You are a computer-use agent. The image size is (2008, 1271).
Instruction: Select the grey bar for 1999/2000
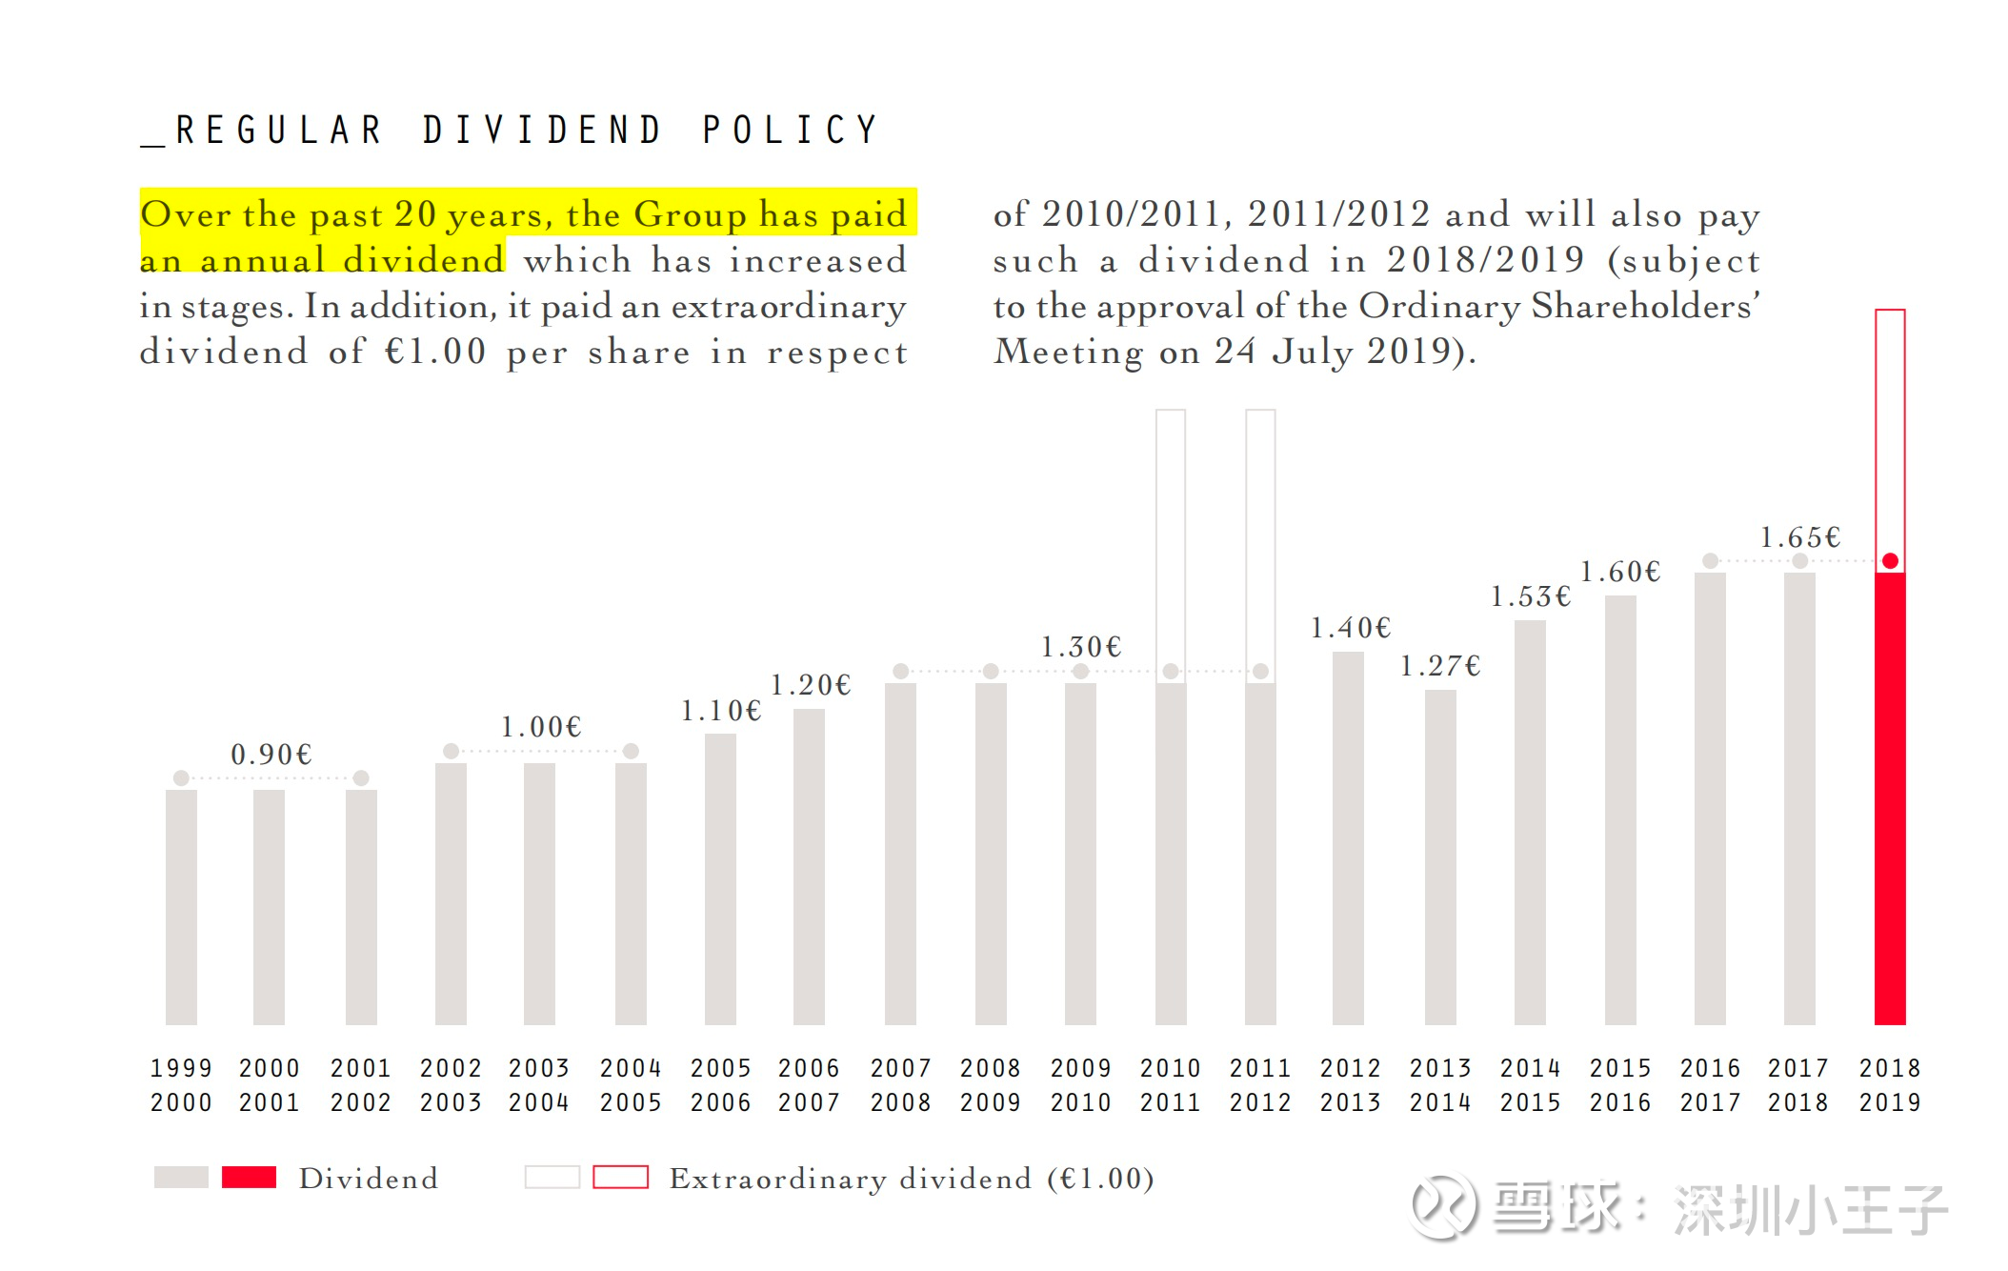pos(181,906)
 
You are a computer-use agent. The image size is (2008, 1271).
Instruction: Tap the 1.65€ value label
pos(1799,537)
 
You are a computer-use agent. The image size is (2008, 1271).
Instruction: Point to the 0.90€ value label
pos(271,755)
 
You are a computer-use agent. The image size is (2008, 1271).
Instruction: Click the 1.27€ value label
pos(1439,666)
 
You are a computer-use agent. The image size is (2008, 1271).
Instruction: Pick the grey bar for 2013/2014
pos(1439,857)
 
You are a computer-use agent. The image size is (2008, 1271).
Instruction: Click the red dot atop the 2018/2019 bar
pos(1890,561)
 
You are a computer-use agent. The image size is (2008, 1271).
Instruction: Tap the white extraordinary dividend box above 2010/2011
pos(1171,534)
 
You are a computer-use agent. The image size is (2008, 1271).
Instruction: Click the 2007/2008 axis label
pos(900,1085)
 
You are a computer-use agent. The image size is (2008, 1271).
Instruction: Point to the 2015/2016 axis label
pos(1619,1085)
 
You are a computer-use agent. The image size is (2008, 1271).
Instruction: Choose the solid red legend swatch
pos(249,1178)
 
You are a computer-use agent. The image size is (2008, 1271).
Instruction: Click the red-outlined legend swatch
pos(620,1178)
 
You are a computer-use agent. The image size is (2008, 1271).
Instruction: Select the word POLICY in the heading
pos(790,131)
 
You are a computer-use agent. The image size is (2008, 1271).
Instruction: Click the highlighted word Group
pos(690,214)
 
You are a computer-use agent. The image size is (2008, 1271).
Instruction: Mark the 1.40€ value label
pos(1350,628)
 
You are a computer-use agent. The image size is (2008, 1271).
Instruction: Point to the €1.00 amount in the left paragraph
pos(435,352)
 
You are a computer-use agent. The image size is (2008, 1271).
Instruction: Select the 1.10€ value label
pos(720,711)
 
